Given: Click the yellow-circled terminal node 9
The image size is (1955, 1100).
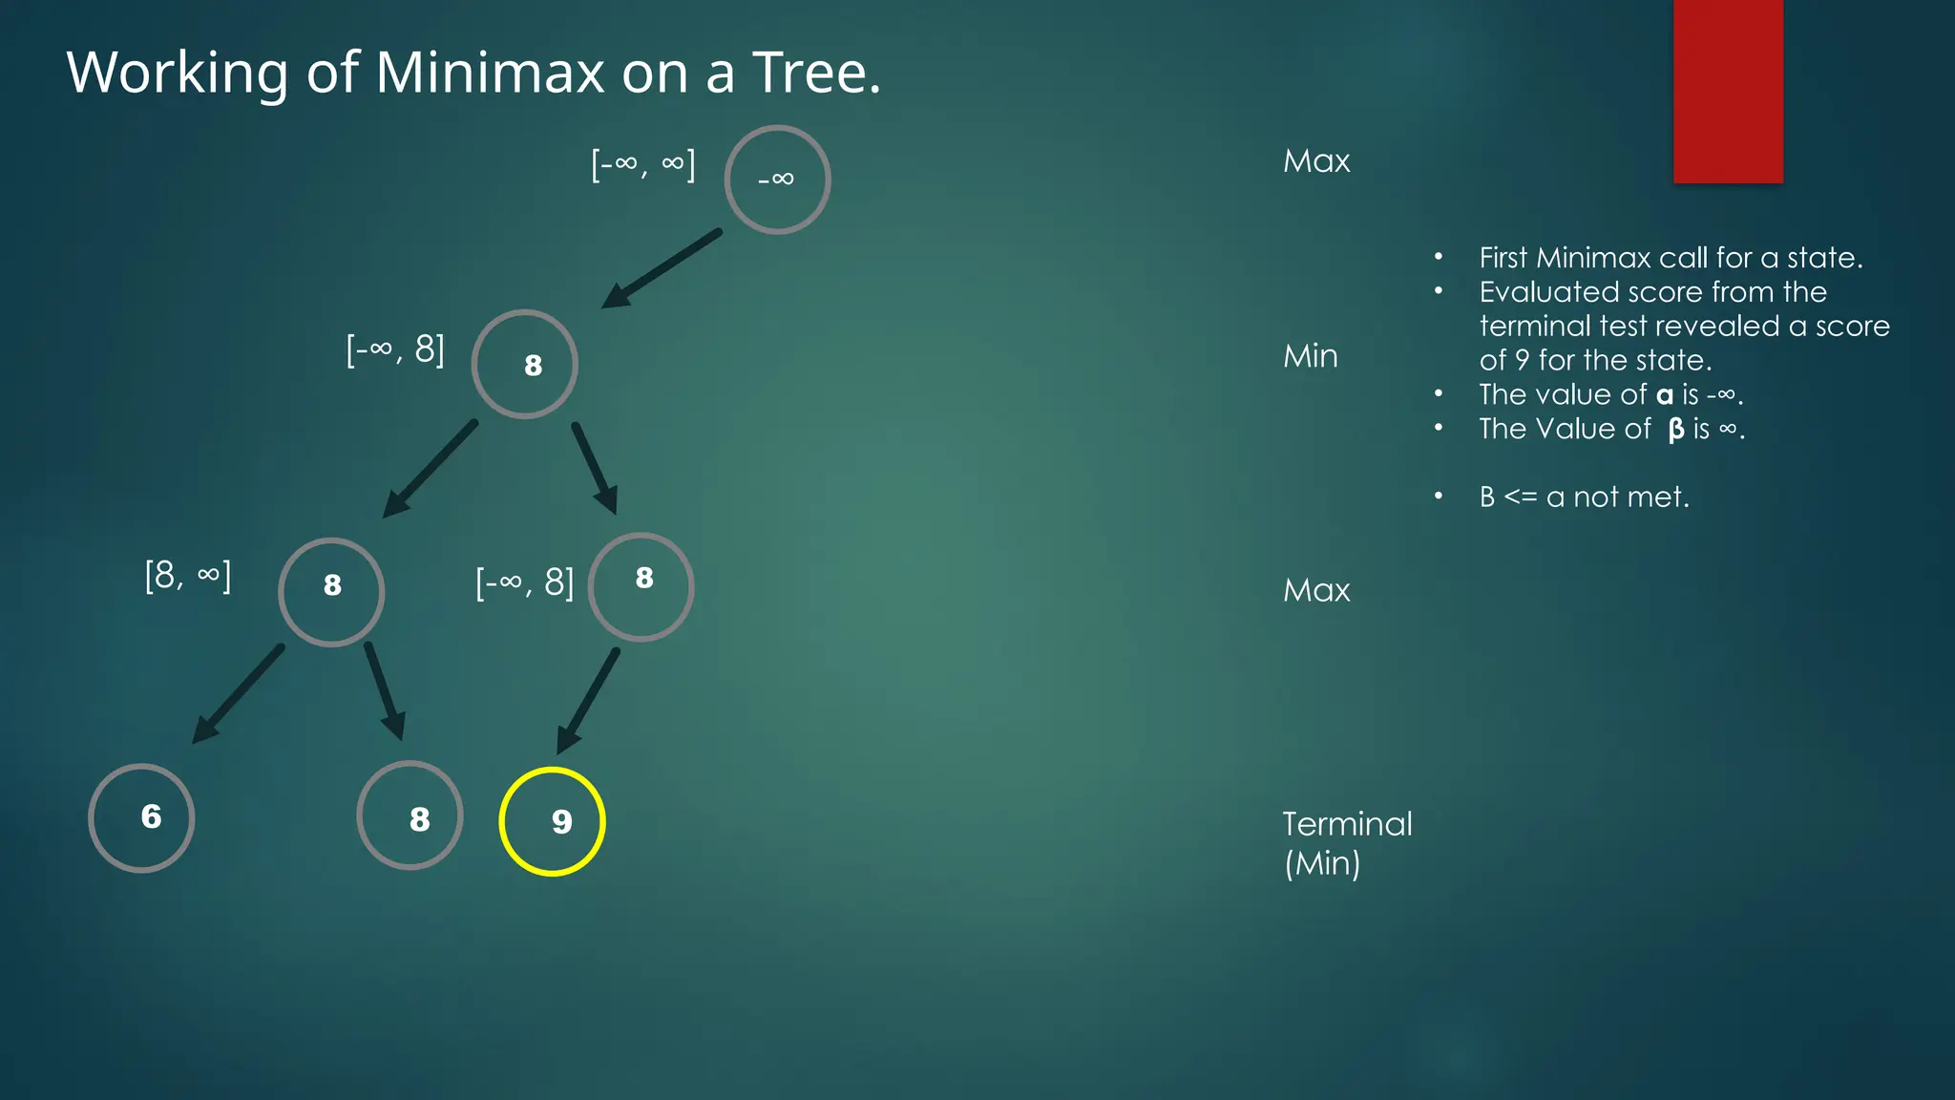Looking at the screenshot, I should pyautogui.click(x=552, y=821).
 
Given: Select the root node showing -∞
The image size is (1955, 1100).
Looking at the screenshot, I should pyautogui.click(x=777, y=180).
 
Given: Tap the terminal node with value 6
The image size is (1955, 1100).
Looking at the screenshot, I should pyautogui.click(x=141, y=817).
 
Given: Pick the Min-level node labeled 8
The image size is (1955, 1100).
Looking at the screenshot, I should pyautogui.click(x=524, y=364).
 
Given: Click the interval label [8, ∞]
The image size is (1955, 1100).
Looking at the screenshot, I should pyautogui.click(x=188, y=576).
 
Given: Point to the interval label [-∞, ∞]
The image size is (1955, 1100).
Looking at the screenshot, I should pyautogui.click(x=643, y=164).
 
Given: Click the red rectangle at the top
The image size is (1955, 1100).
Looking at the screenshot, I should pyautogui.click(x=1728, y=91).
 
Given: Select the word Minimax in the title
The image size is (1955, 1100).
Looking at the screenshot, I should pyautogui.click(x=490, y=72).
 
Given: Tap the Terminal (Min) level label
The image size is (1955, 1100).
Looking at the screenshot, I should pyautogui.click(x=1346, y=843).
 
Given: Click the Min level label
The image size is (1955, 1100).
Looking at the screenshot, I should pyautogui.click(x=1310, y=356).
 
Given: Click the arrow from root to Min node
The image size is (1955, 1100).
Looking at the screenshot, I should pyautogui.click(x=661, y=269).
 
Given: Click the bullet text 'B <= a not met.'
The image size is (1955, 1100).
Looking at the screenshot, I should pyautogui.click(x=1584, y=497).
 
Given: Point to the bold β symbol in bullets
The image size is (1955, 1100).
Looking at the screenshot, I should pyautogui.click(x=1676, y=430).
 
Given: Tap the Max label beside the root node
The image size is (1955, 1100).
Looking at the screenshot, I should pyautogui.click(x=1316, y=160).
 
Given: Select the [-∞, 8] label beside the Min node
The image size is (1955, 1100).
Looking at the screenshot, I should pyautogui.click(x=395, y=349).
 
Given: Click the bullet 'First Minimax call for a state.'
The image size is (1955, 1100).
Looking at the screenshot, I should pyautogui.click(x=1671, y=258).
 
